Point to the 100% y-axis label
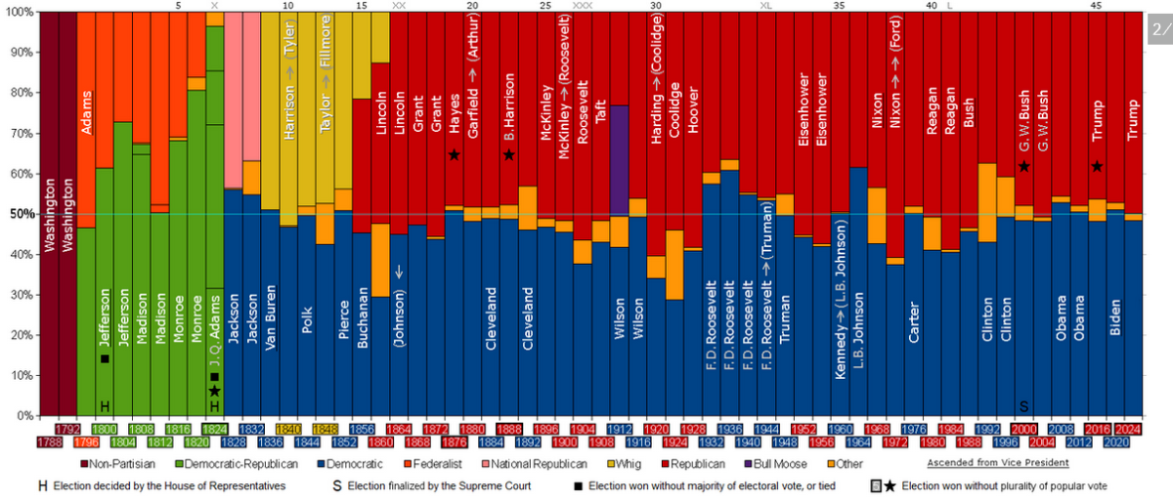20,13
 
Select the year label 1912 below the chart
619,429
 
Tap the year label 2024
1127,429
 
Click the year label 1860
379,441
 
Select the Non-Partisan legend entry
111,463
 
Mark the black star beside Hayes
454,155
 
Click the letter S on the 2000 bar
1023,405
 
